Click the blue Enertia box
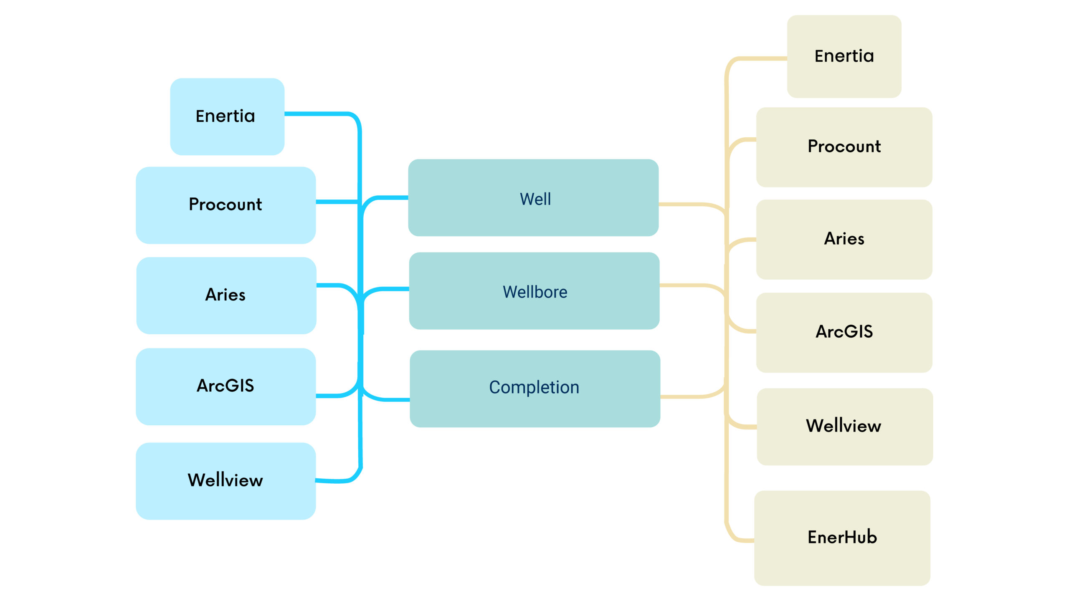[227, 116]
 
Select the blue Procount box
[226, 205]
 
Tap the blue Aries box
[226, 295]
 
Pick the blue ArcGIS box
[226, 386]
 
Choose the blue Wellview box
[226, 481]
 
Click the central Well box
[533, 197]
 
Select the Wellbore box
[534, 291]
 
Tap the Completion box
[535, 389]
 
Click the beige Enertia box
[844, 57]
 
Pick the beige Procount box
[844, 147]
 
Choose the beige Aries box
[844, 240]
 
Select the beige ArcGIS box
[844, 333]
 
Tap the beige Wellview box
[845, 427]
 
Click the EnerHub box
[842, 538]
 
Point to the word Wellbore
[535, 292]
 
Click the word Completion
[534, 387]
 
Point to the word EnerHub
[842, 537]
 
